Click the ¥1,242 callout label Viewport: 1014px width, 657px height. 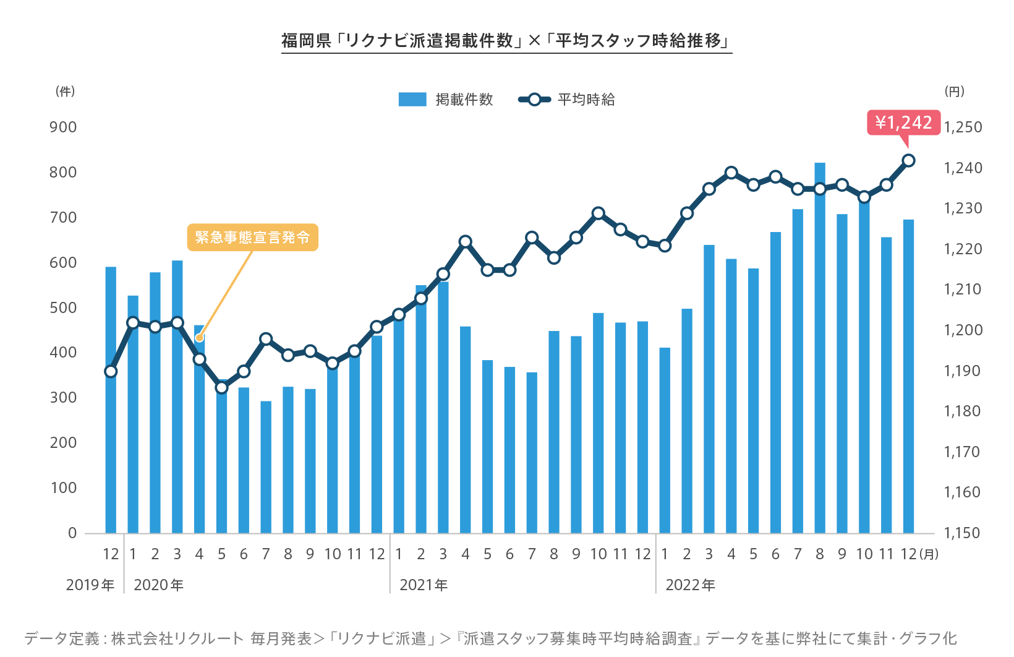903,122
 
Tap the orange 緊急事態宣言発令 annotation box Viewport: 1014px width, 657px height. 252,238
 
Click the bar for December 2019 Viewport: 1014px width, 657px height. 111,433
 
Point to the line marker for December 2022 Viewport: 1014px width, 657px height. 908,160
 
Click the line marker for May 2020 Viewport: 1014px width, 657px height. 221,388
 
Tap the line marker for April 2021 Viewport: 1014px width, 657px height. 465,241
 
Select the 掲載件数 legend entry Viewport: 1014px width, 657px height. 446,100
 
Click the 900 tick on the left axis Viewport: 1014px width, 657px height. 63,127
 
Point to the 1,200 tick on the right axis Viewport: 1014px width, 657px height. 963,330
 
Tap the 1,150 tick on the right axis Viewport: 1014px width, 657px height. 963,533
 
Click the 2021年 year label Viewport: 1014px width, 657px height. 424,585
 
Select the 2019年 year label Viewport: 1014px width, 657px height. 90,585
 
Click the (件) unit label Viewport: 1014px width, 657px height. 65,92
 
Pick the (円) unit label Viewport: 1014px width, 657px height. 954,92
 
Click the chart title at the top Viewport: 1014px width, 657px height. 506,41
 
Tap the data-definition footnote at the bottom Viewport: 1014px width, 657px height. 490,638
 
